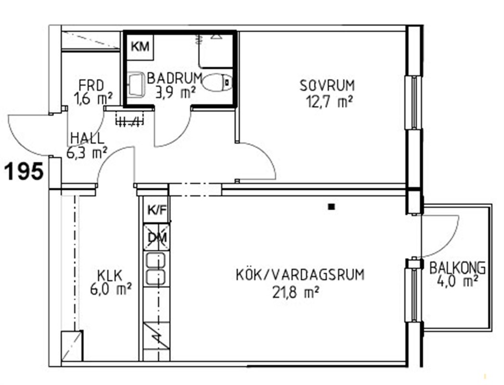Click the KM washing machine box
point(140,47)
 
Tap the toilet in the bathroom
point(218,83)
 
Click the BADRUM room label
point(175,78)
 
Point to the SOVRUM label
point(327,86)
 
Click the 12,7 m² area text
point(329,102)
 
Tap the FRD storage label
point(91,86)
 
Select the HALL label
point(87,138)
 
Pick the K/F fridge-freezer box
point(157,210)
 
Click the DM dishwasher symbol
point(157,237)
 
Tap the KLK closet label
point(110,276)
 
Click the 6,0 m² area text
point(111,290)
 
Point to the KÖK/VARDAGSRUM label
point(300,275)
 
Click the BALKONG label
point(457,268)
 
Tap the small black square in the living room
point(331,207)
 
